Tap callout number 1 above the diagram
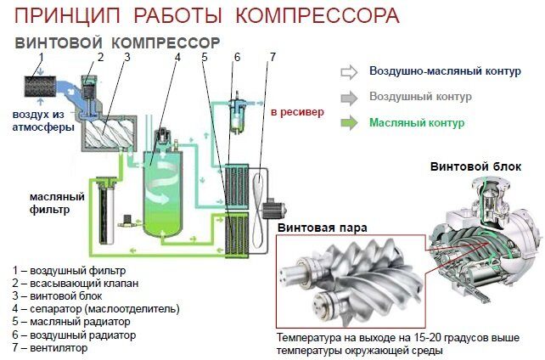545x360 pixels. click(x=41, y=57)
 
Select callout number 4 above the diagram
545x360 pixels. click(x=177, y=57)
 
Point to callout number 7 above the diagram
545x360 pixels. click(x=272, y=57)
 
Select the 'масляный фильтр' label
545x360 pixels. click(x=40, y=202)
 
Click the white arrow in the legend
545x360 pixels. click(x=349, y=71)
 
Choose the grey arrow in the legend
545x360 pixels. click(x=349, y=97)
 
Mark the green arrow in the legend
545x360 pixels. click(x=349, y=123)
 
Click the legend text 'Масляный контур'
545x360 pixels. click(x=417, y=123)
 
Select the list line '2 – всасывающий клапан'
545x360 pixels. click(x=76, y=283)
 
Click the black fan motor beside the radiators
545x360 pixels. click(x=274, y=206)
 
